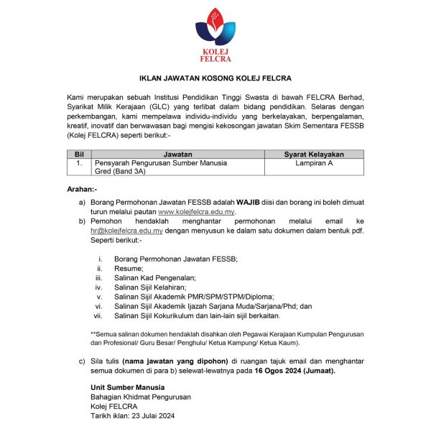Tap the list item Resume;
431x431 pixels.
point(128,268)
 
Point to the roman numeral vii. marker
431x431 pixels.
point(99,315)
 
